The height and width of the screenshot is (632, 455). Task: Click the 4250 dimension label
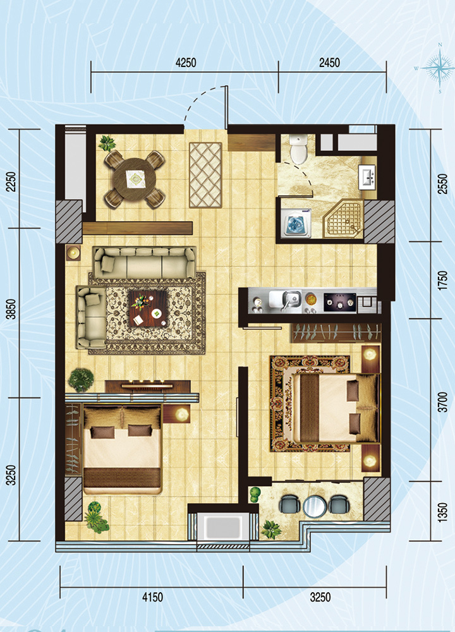[x=186, y=63]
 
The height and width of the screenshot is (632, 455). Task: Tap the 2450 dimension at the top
[x=329, y=63]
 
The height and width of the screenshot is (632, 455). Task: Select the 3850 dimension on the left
[x=12, y=309]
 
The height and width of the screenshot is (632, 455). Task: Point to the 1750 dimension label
[x=442, y=281]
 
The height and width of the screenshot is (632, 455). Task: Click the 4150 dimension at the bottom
[x=152, y=597]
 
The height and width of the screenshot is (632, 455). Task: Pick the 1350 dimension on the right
[x=442, y=513]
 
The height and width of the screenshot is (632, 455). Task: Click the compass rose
[x=440, y=68]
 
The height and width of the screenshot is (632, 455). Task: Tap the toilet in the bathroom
[x=299, y=149]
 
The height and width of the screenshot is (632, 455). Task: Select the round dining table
[x=135, y=179]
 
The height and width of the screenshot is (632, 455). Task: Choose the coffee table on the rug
[x=148, y=308]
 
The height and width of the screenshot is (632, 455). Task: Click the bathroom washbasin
[x=368, y=176]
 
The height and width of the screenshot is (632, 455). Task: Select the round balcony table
[x=315, y=506]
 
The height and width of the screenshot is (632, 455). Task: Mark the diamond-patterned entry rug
[x=205, y=175]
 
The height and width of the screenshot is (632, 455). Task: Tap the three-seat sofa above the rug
[x=144, y=262]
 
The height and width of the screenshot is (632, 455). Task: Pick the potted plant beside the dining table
[x=107, y=143]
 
